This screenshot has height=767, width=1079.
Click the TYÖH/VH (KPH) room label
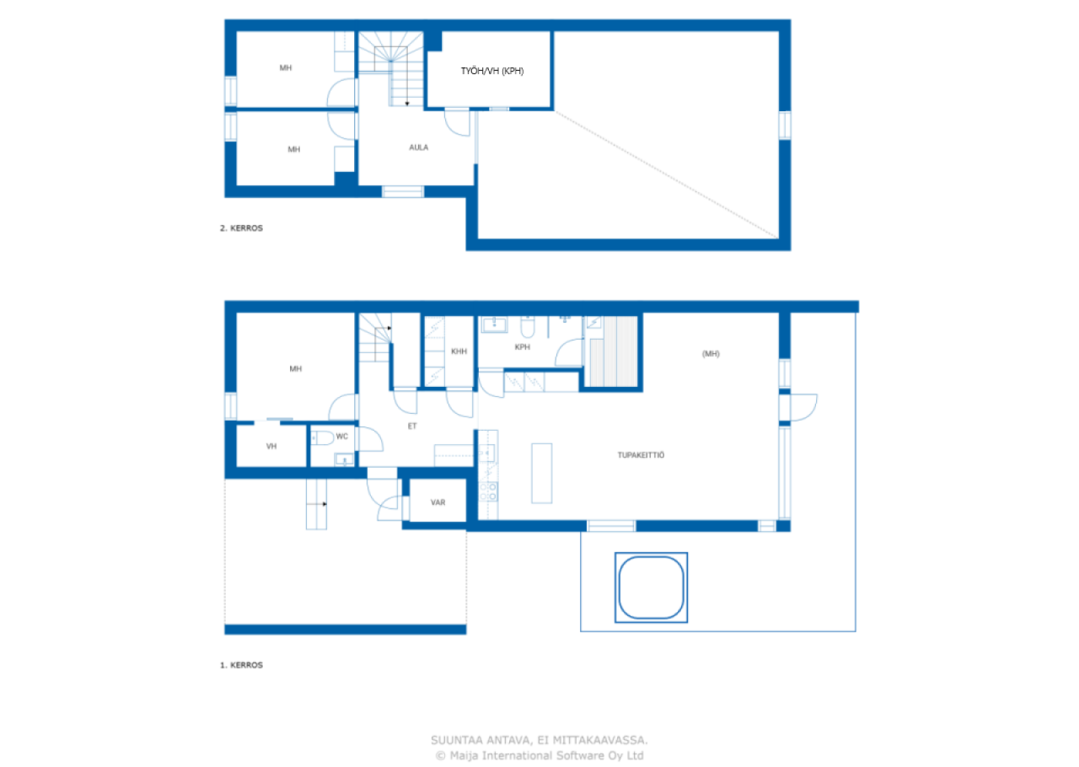[x=492, y=72]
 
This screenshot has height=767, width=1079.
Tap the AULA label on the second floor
[x=418, y=147]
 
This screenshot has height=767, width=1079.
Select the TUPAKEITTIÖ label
[x=641, y=455]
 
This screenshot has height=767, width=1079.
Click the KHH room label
[x=459, y=351]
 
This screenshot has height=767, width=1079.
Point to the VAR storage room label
[x=438, y=502]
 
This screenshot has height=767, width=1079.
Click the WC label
[x=341, y=437]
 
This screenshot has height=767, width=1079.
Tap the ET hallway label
[x=412, y=426]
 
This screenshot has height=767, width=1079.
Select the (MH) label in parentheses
[x=711, y=354]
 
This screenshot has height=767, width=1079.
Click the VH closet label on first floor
[x=271, y=446]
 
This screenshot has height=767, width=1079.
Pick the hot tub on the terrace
[x=650, y=587]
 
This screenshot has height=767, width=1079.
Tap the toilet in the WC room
[x=321, y=437]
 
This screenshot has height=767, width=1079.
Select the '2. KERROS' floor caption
[x=241, y=228]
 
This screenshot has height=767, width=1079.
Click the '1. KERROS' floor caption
[x=241, y=665]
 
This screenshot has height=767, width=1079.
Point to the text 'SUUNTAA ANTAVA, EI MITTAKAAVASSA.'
[x=539, y=740]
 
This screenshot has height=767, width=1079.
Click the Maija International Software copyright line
[x=539, y=756]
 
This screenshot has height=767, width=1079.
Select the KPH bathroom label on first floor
[x=522, y=346]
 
